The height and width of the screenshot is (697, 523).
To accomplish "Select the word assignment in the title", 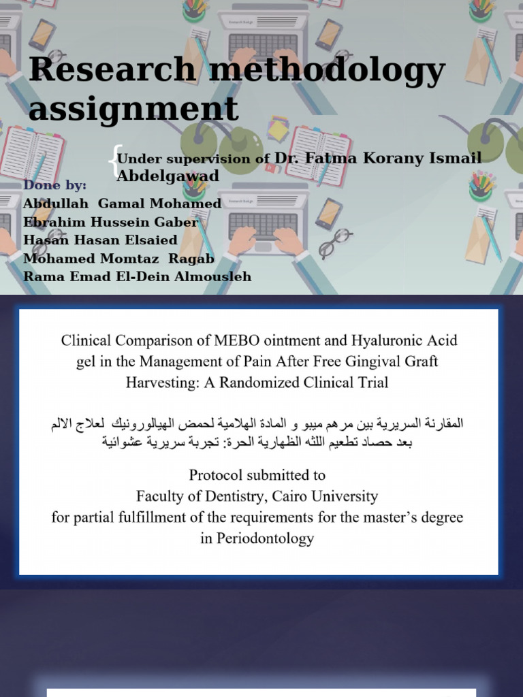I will click(133, 109).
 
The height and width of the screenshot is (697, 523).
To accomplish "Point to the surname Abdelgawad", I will click(168, 176).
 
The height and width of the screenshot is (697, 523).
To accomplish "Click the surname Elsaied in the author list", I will click(145, 240).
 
